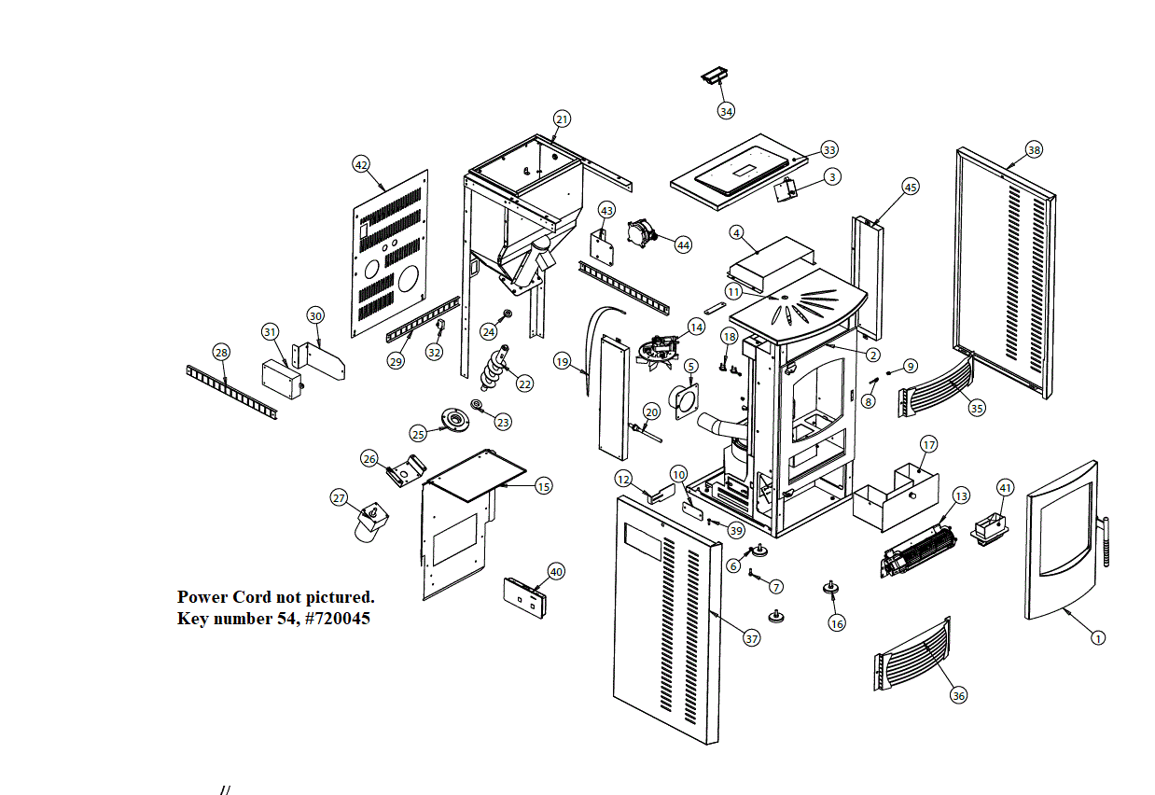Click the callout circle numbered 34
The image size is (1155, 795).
[x=726, y=111]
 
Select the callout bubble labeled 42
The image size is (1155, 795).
[x=361, y=165]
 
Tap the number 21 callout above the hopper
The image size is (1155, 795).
[x=562, y=119]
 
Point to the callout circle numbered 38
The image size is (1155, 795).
[x=1034, y=149]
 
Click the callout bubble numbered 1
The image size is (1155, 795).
[x=1098, y=638]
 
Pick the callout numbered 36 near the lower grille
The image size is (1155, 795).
[x=958, y=695]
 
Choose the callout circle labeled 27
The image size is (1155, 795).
[x=340, y=498]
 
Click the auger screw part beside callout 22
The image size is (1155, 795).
[x=496, y=369]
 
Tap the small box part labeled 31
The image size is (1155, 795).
[x=283, y=378]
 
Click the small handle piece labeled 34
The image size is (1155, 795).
[x=714, y=77]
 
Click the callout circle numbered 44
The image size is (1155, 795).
[x=683, y=244]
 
